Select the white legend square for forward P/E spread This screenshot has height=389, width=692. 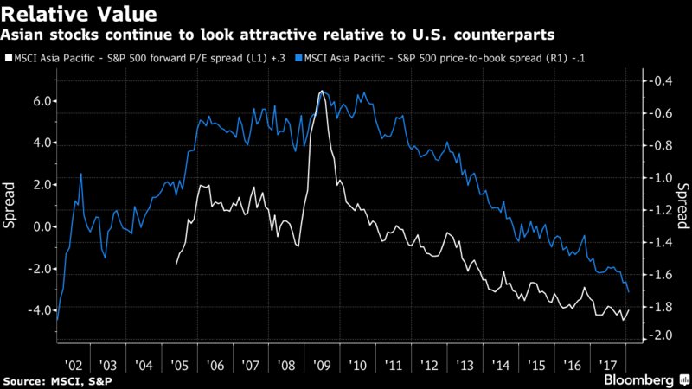(x=7, y=61)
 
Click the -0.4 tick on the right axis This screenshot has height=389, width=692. (x=659, y=81)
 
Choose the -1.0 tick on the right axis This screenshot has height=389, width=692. (x=659, y=178)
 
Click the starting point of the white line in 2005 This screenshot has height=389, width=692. (x=176, y=263)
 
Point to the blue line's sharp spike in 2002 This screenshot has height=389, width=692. (x=81, y=175)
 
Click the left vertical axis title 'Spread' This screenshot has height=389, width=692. (x=11, y=208)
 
